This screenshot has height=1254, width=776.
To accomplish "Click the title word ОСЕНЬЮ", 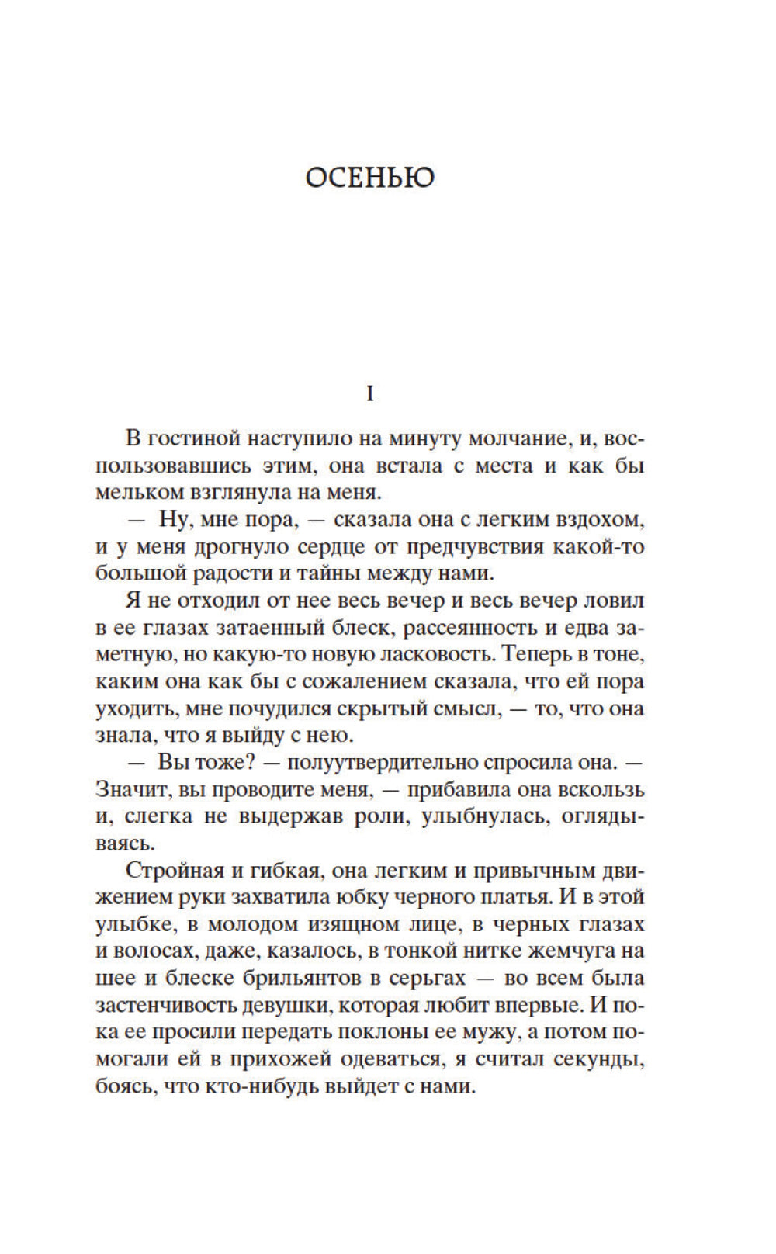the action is coord(369,178).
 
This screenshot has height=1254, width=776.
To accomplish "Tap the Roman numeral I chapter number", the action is coord(369,395).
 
